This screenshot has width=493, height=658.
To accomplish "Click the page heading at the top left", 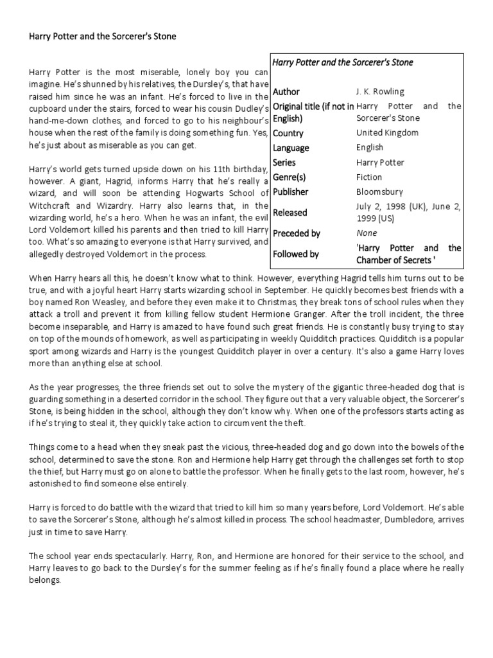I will click(x=103, y=37).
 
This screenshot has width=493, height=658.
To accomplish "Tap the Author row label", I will click(x=286, y=92).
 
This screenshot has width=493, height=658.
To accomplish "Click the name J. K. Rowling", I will click(x=380, y=92).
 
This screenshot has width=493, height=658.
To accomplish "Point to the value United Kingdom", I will click(x=387, y=133).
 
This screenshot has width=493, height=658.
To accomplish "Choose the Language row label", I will click(x=291, y=148).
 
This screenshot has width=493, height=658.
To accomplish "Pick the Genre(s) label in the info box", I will click(x=291, y=177).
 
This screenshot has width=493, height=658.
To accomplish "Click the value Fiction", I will click(x=369, y=177).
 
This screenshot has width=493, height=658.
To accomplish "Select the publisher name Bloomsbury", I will click(x=379, y=191).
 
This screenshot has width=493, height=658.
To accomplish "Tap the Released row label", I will click(x=290, y=212).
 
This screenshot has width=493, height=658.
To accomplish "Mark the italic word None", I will click(x=367, y=233).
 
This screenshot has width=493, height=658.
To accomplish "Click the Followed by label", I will click(x=296, y=254).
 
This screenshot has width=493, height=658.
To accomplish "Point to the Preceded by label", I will click(x=297, y=233).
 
